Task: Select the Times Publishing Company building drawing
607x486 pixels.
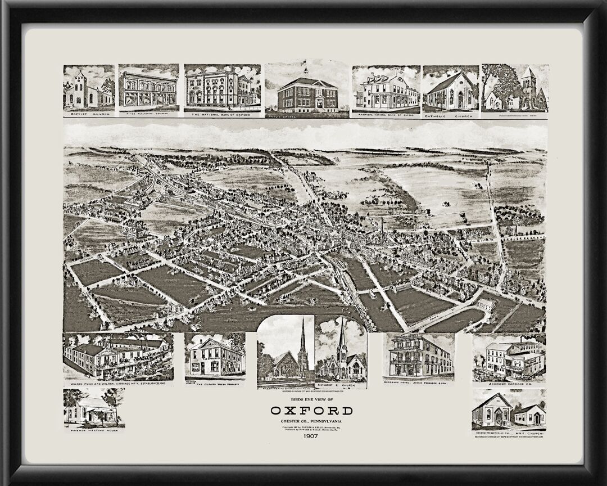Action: click(148, 88)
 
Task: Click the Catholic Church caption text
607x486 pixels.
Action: click(450, 115)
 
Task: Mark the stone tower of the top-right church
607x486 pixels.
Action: click(528, 84)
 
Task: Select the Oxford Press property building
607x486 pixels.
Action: click(214, 357)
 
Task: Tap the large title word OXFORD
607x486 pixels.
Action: click(311, 410)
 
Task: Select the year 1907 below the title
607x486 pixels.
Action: click(311, 436)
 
